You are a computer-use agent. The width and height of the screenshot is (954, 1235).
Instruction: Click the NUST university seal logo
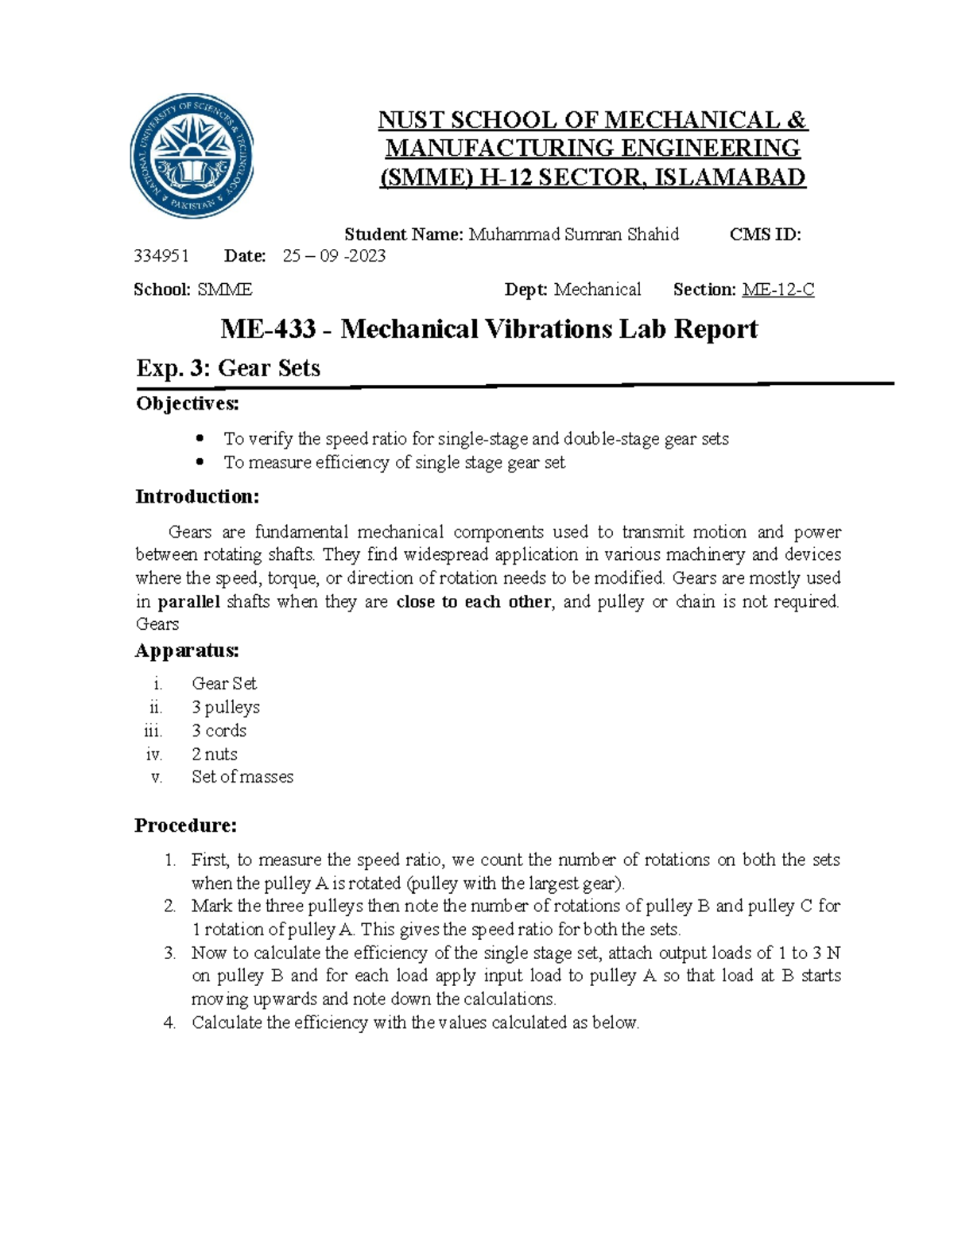coord(192,156)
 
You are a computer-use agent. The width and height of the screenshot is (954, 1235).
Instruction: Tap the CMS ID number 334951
coord(161,256)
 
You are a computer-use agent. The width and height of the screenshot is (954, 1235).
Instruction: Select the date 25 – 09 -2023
coord(335,256)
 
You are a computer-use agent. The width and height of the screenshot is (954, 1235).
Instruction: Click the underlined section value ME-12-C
coord(778,290)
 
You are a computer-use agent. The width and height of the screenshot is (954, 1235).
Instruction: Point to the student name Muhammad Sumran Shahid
coord(573,235)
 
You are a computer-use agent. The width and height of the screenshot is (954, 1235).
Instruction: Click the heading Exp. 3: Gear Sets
coord(228,368)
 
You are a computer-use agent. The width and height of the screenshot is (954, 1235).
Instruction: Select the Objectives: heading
coord(187,404)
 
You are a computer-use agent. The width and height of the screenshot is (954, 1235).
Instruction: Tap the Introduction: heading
coord(197,497)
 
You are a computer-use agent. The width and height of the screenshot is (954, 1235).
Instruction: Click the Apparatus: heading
coord(187,651)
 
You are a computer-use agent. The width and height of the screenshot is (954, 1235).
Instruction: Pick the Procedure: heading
coord(185,825)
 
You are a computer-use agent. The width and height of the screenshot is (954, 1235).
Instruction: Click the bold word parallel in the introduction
coord(189,602)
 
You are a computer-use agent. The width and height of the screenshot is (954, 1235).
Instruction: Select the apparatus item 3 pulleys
coord(226,707)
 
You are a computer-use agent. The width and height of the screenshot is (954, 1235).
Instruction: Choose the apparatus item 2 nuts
coord(215,754)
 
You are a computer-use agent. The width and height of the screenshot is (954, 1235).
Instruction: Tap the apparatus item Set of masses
coord(242,777)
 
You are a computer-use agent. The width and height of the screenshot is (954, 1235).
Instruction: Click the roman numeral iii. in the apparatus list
coord(153,731)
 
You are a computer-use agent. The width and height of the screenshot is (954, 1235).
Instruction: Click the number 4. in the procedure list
coord(169,1023)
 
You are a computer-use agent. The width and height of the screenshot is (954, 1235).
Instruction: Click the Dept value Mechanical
coord(597,290)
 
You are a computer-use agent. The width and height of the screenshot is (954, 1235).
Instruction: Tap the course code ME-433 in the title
coord(268,329)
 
